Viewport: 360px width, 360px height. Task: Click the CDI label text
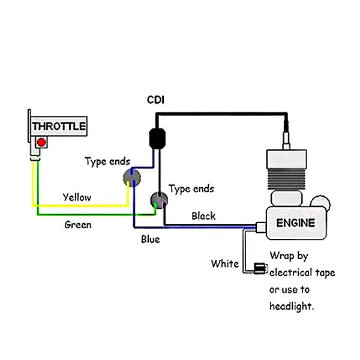(157, 99)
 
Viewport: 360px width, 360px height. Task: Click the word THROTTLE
(58, 127)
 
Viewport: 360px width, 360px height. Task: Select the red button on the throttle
(41, 143)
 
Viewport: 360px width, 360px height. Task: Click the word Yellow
(77, 197)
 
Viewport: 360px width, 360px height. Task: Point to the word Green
(78, 225)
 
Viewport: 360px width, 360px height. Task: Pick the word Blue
(150, 239)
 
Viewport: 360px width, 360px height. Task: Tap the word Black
(203, 215)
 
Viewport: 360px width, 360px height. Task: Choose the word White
(224, 263)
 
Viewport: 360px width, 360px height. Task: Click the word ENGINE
(295, 223)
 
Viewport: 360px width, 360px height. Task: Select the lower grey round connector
(158, 200)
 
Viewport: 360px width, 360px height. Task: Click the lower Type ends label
(191, 188)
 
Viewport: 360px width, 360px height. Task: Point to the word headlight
(292, 306)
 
